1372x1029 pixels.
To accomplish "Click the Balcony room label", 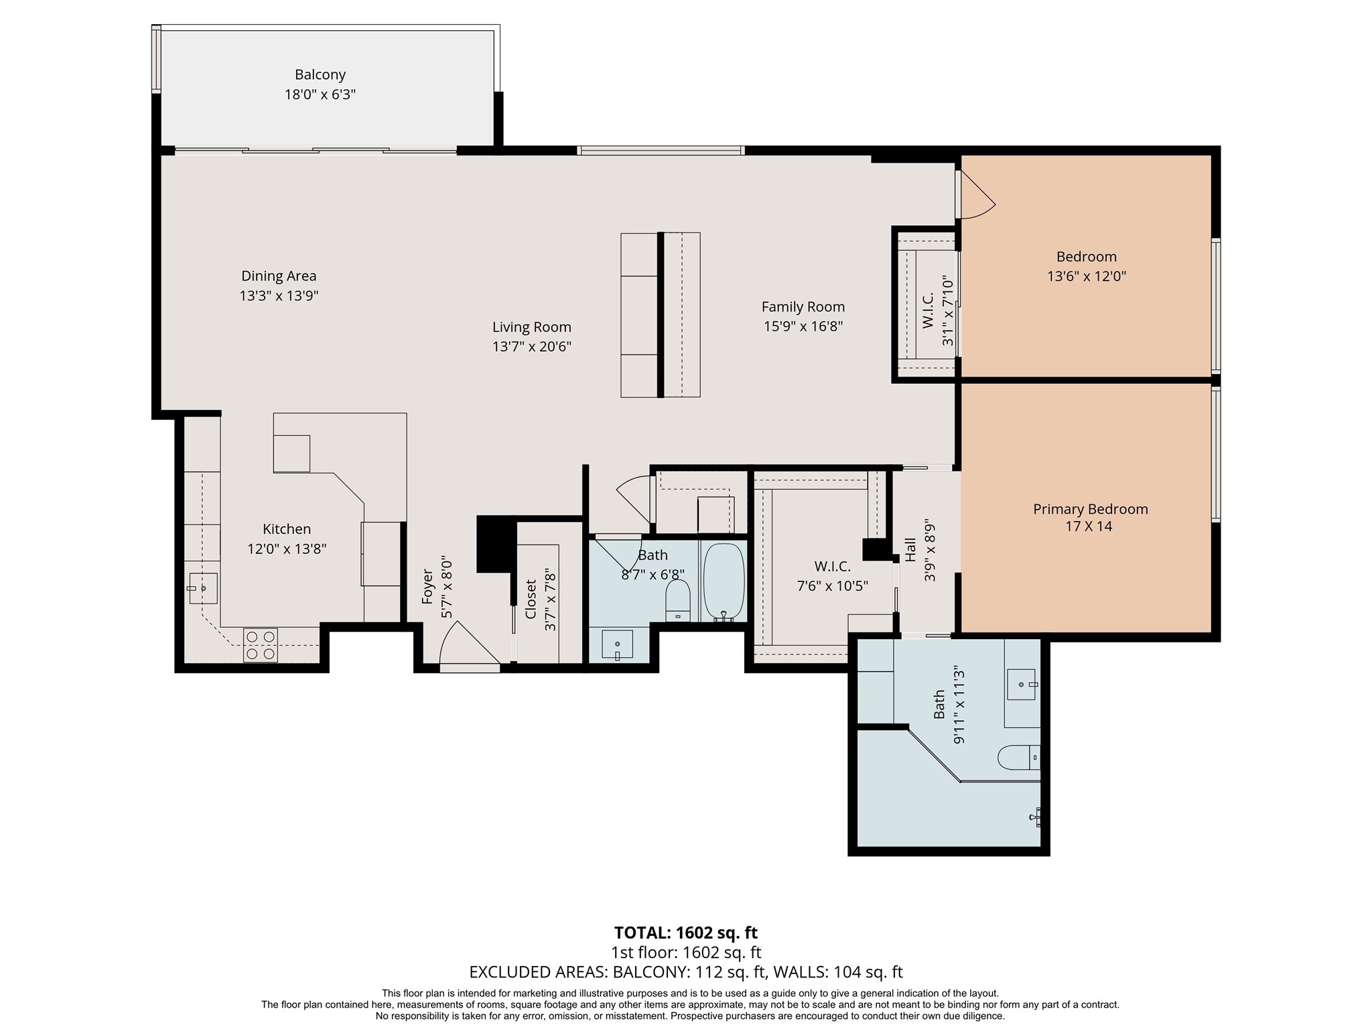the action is [x=320, y=74].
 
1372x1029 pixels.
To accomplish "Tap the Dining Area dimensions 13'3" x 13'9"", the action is [x=279, y=295].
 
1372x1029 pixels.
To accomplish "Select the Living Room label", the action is [x=532, y=327].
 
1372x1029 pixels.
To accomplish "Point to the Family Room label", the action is [x=803, y=307].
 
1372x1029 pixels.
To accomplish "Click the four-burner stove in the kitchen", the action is [x=261, y=645].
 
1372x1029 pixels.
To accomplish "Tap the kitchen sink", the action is [x=202, y=588].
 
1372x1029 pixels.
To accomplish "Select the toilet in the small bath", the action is [x=678, y=600].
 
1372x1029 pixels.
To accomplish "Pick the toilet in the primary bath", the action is [x=1019, y=758].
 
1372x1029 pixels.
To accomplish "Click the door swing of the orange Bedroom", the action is [x=977, y=194].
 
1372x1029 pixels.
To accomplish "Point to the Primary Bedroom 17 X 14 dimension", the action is [x=1089, y=527].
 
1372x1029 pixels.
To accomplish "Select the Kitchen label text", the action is [x=287, y=529].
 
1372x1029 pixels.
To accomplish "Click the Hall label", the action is [x=910, y=550].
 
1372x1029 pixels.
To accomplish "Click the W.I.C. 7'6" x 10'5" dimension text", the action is [x=833, y=586].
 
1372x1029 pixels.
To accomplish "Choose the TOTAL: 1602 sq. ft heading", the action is [x=686, y=933].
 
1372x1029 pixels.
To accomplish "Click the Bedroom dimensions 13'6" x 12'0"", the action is [x=1087, y=276].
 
